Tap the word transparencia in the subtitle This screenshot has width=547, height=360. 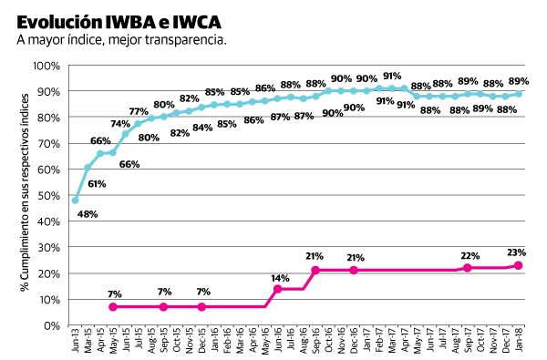[184, 40]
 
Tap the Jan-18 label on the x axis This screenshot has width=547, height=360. [519, 344]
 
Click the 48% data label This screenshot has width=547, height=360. [88, 215]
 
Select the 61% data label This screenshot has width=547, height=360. [98, 184]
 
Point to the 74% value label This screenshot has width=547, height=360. [120, 124]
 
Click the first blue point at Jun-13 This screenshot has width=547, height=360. [75, 201]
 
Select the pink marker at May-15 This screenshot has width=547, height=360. [113, 307]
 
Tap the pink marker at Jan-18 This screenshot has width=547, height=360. [519, 265]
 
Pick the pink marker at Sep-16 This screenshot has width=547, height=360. [315, 271]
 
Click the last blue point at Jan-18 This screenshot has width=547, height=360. [519, 94]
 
